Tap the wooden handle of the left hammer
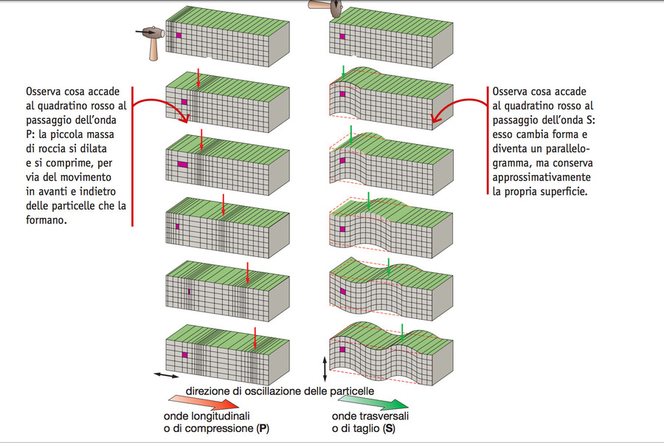154,50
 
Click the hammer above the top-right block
326,6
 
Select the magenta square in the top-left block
179,35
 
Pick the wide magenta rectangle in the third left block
182,165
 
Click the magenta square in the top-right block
342,36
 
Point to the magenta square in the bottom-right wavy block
342,349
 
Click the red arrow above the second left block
198,78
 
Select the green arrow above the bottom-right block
402,333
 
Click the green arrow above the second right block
343,72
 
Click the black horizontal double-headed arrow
166,375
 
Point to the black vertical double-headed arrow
325,369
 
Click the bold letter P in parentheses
263,428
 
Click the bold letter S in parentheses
389,428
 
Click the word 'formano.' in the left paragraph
46,220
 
